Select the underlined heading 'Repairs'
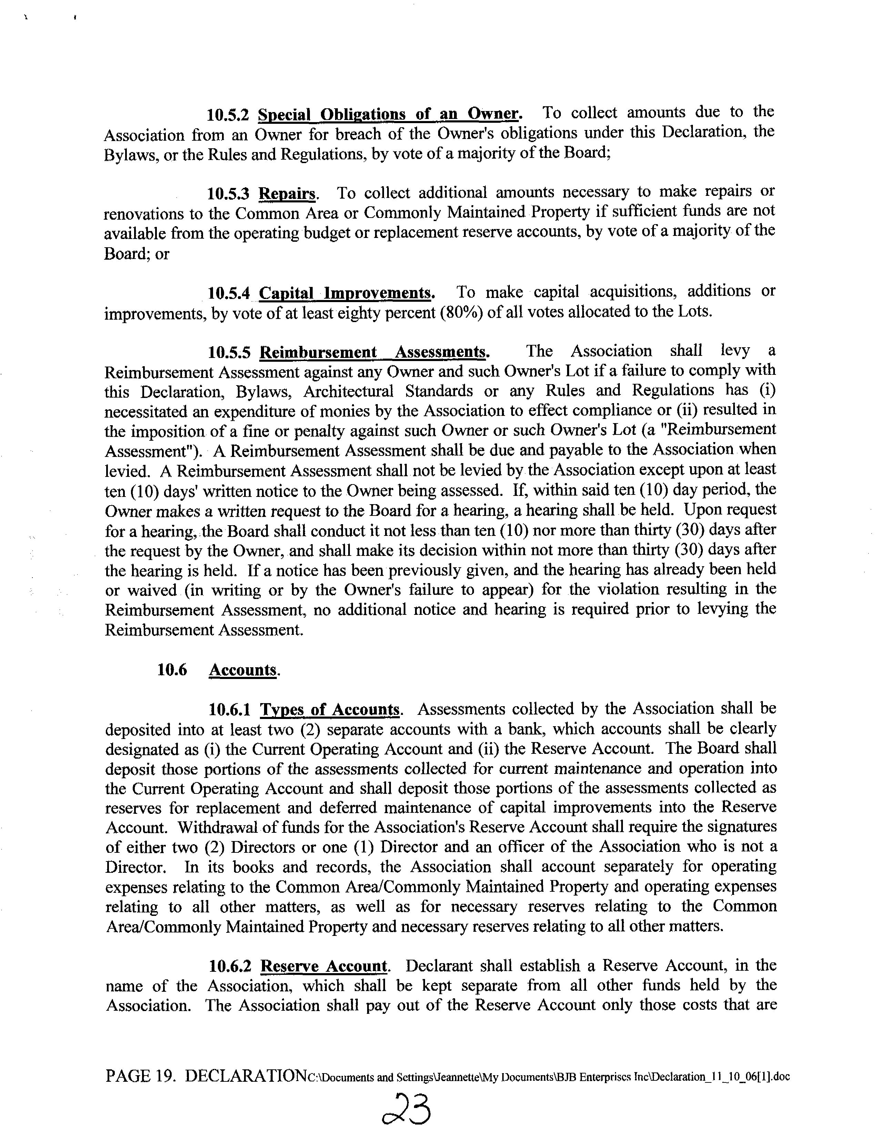[x=287, y=194]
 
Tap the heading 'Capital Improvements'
[x=346, y=293]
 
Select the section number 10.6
[x=172, y=670]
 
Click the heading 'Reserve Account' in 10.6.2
[x=324, y=966]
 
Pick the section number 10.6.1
[x=229, y=710]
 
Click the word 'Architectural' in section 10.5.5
[x=348, y=391]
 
